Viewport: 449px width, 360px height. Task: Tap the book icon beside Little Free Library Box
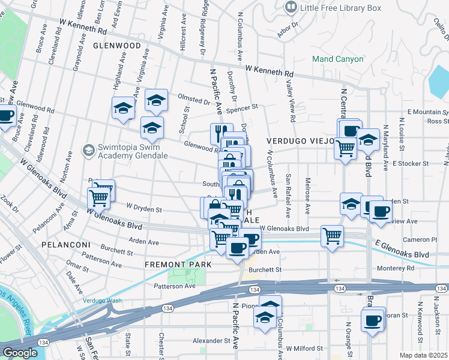click(x=291, y=7)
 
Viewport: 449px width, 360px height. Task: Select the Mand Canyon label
click(x=337, y=59)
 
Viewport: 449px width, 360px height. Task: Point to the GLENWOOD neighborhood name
click(x=116, y=46)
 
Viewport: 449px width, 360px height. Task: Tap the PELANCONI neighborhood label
click(x=65, y=245)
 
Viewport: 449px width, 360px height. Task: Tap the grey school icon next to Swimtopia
click(x=89, y=149)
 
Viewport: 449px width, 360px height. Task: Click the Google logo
click(x=20, y=353)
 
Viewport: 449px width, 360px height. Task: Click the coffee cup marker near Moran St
click(x=373, y=319)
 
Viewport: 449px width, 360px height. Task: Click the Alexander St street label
click(x=211, y=340)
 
